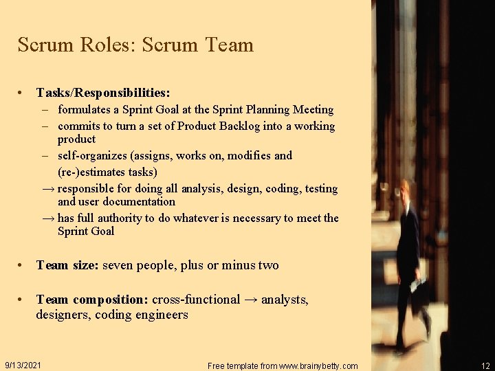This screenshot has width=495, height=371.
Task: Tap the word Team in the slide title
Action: tap(229, 45)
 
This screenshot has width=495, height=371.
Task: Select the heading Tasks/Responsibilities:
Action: tap(103, 92)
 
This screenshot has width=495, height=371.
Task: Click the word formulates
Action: tap(88, 110)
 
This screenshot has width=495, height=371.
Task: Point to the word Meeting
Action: tap(313, 110)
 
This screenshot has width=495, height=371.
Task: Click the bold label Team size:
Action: tap(67, 265)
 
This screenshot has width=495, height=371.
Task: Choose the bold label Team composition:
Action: tap(92, 300)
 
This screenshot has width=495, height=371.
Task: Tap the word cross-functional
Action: tap(196, 300)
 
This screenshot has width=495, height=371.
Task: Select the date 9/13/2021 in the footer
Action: tap(23, 364)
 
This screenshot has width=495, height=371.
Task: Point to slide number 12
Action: tap(485, 366)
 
